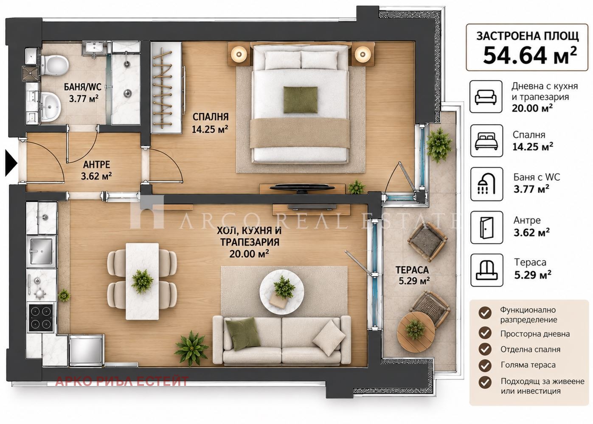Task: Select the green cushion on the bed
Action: (x=301, y=100)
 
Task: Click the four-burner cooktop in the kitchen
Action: (x=41, y=318)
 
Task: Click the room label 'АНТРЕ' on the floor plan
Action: (x=96, y=165)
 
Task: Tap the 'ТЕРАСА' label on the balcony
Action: (x=412, y=270)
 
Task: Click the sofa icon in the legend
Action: (x=486, y=97)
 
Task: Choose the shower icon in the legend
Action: (x=486, y=184)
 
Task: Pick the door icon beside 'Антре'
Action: (x=486, y=227)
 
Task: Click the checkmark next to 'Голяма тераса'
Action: (x=485, y=365)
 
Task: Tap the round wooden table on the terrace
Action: (x=416, y=331)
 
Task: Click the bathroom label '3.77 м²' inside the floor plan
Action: (x=84, y=98)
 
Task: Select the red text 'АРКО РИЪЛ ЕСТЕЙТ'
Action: (x=122, y=382)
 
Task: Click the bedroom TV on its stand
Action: (x=302, y=187)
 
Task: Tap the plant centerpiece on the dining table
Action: (x=142, y=281)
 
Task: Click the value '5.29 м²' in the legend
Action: (x=533, y=275)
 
